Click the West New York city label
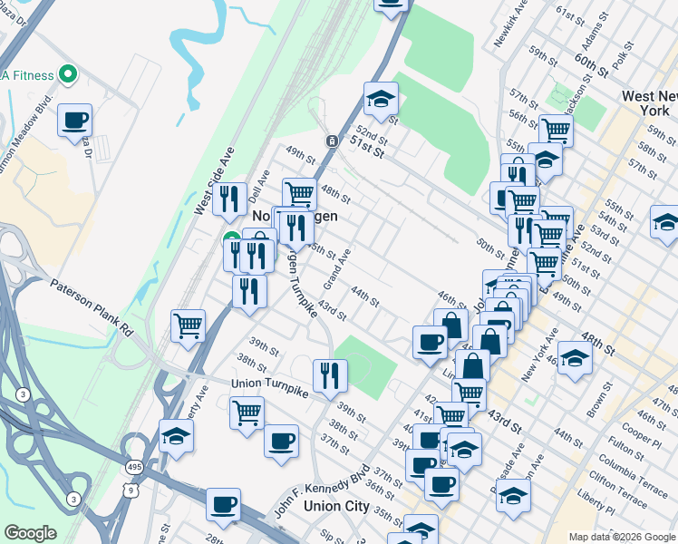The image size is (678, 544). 645,102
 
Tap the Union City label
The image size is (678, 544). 336,506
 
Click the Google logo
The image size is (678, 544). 30,533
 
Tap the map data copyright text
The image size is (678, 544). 622,537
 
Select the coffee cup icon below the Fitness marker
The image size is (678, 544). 74,120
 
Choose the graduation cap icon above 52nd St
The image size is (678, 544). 382,98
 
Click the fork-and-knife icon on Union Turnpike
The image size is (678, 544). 330,374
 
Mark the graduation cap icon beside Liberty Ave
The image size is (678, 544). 176,435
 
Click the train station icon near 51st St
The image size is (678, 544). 333,141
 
